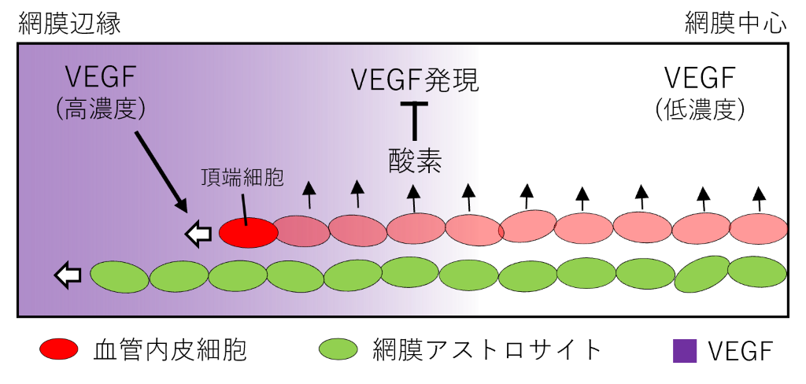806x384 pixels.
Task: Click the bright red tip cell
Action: (x=248, y=233)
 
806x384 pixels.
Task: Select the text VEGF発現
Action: (x=414, y=80)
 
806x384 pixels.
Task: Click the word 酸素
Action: (x=415, y=161)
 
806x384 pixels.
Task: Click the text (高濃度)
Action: (x=102, y=109)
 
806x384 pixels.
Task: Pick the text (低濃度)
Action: (x=699, y=109)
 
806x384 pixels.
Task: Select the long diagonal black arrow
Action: (x=161, y=171)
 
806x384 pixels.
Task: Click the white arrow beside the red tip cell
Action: (x=198, y=234)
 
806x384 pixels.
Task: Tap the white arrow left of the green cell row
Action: (x=68, y=275)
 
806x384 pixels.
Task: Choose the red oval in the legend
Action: (x=59, y=349)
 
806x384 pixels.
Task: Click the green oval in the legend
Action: (x=338, y=349)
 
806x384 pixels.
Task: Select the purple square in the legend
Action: (x=685, y=351)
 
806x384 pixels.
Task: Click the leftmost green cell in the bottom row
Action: (x=120, y=276)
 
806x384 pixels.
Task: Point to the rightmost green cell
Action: (x=756, y=271)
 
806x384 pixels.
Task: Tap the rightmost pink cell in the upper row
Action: (x=759, y=229)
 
